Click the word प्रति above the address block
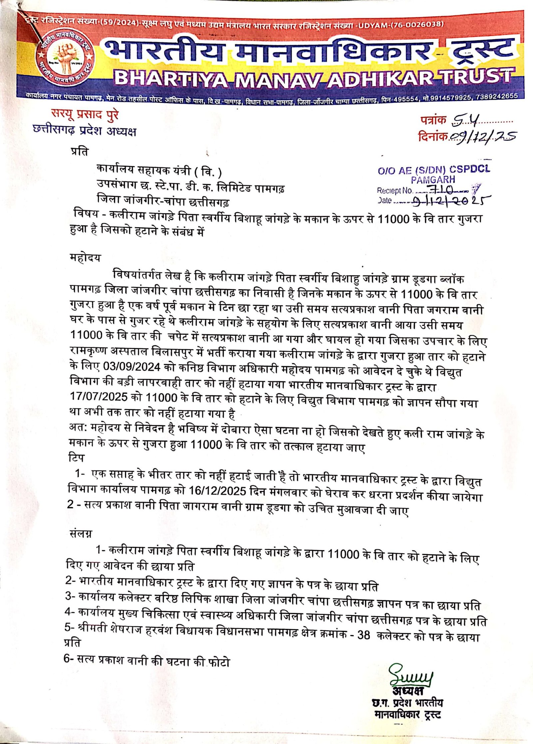pyautogui.click(x=80, y=152)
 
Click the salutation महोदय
pyautogui.click(x=85, y=258)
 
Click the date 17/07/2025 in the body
pyautogui.click(x=99, y=396)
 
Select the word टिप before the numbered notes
pyautogui.click(x=76, y=458)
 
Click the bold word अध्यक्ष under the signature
pyautogui.click(x=407, y=690)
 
